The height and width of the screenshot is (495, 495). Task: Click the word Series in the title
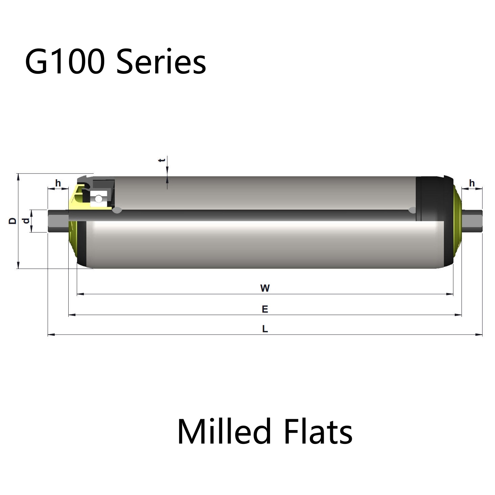pyautogui.click(x=161, y=62)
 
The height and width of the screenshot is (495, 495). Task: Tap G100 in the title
pyautogui.click(x=65, y=62)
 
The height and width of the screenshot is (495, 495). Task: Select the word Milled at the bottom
pyautogui.click(x=224, y=431)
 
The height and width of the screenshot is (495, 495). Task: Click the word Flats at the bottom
pyautogui.click(x=318, y=431)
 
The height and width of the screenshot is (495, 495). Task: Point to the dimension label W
pyautogui.click(x=265, y=288)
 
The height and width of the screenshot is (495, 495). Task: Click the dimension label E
pyautogui.click(x=265, y=309)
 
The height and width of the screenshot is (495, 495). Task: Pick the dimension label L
pyautogui.click(x=265, y=329)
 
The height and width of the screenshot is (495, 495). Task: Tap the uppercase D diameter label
pyautogui.click(x=12, y=221)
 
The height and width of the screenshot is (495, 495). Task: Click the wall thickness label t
pyautogui.click(x=162, y=160)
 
